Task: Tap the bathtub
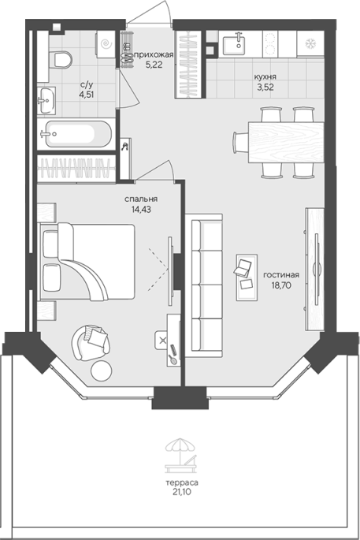tap(76, 134)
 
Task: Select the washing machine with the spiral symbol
tap(106, 44)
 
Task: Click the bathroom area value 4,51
tap(87, 95)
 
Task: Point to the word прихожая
tap(154, 54)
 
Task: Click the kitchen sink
tap(234, 43)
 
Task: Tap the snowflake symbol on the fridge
tap(311, 43)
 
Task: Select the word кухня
tap(265, 76)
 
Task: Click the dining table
tap(286, 142)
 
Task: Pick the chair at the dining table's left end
tap(240, 142)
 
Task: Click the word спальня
tap(141, 199)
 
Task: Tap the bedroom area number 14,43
tap(141, 209)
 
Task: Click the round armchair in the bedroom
tap(91, 343)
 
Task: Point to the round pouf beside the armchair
tap(101, 371)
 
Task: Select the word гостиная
tap(281, 275)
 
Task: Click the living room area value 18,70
tap(281, 285)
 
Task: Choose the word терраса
tap(182, 482)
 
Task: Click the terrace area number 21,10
tap(182, 493)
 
